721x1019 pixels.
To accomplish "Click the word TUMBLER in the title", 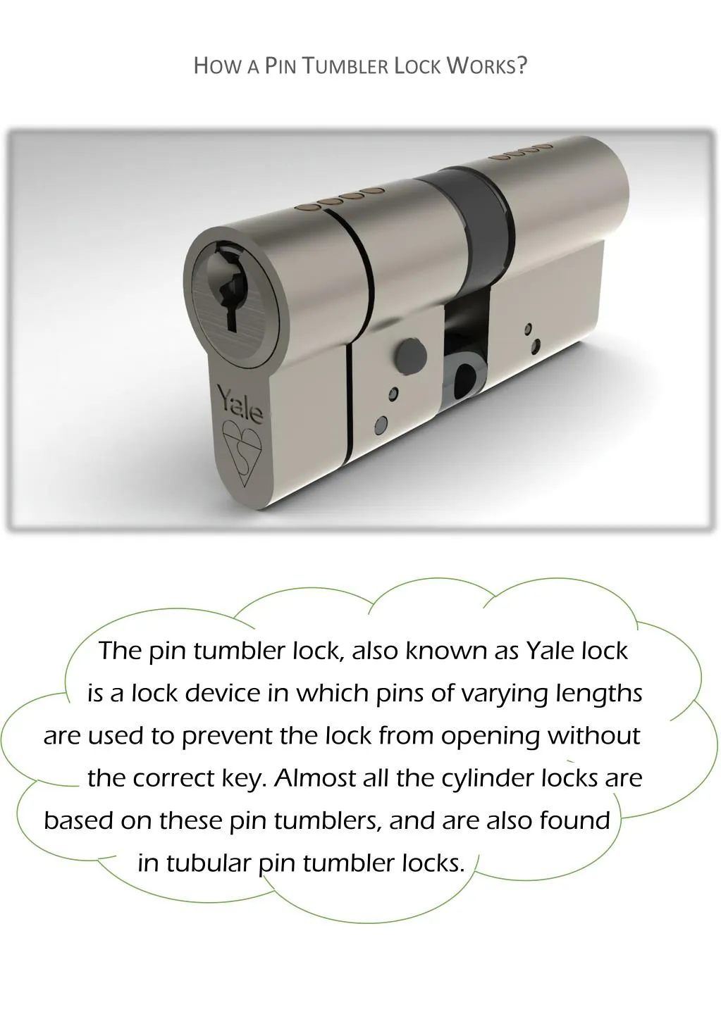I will pyautogui.click(x=349, y=66).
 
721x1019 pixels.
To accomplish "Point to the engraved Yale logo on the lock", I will pyautogui.click(x=239, y=404).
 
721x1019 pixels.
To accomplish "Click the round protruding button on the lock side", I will pyautogui.click(x=409, y=352).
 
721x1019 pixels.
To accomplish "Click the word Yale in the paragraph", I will pyautogui.click(x=550, y=650).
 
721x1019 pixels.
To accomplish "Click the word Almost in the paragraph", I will pyautogui.click(x=315, y=778).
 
